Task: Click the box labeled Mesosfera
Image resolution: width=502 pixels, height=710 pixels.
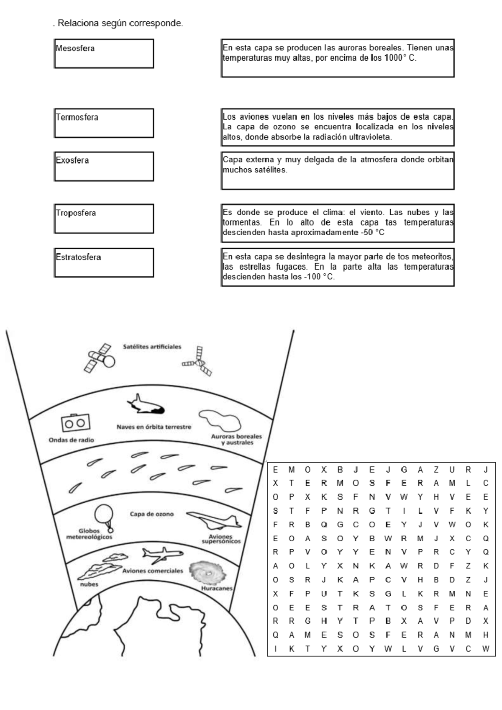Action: [104, 54]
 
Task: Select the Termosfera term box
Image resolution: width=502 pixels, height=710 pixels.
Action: [104, 123]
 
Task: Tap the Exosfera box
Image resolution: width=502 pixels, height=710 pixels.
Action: [104, 166]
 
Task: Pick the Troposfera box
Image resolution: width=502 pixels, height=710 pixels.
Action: [104, 219]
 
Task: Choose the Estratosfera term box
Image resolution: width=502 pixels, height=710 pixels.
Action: [104, 262]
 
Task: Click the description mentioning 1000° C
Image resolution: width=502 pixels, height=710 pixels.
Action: [338, 58]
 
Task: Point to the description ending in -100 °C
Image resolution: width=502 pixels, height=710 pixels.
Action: [338, 267]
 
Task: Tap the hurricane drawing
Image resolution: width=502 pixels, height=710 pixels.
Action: [207, 572]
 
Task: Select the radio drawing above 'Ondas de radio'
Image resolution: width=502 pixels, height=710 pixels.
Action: [75, 423]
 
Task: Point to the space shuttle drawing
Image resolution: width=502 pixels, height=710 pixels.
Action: [146, 404]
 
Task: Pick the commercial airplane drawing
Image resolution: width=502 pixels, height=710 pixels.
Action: [162, 555]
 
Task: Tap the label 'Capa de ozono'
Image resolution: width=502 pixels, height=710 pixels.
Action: [151, 514]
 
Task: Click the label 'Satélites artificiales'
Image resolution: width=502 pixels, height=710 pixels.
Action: [152, 347]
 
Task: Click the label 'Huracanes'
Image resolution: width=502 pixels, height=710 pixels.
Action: [216, 588]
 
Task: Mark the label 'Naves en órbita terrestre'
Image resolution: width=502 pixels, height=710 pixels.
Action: [154, 427]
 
